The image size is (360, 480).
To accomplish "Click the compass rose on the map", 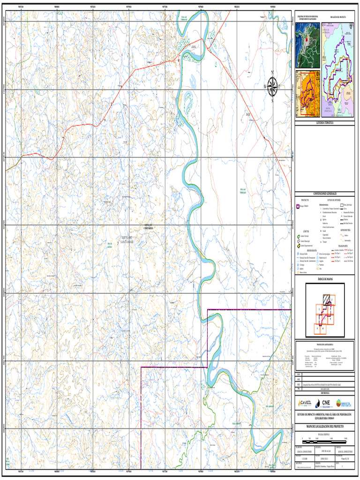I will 272,86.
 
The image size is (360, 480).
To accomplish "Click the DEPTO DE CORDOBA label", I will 149,227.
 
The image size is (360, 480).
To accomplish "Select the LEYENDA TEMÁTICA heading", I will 324,123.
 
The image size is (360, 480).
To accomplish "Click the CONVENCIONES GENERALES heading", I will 324,193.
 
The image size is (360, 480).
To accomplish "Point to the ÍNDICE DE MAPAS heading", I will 324,278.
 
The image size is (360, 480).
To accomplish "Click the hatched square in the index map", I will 326,299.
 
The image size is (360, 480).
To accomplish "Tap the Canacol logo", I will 306,403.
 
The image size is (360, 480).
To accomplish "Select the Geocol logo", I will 345,403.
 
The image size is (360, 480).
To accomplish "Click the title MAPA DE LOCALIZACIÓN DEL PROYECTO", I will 324,427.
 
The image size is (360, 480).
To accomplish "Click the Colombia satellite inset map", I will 307,45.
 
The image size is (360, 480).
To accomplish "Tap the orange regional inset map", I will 307,94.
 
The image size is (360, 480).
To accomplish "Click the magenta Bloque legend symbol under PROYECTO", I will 297,206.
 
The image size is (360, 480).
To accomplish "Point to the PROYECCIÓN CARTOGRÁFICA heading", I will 324,344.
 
